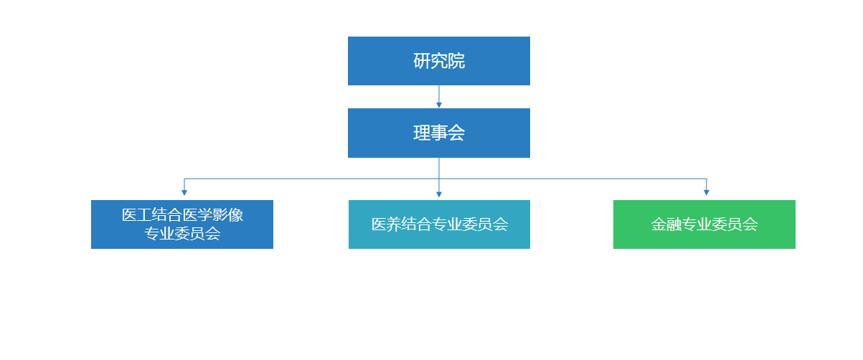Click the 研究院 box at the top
[x=438, y=61]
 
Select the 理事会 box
[x=438, y=133]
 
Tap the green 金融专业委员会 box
[x=704, y=224]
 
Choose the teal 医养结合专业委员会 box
[x=439, y=224]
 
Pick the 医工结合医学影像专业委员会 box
[x=181, y=224]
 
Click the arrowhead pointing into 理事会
[x=439, y=105]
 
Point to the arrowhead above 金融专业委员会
[x=707, y=192]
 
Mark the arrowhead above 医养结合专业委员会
[x=439, y=194]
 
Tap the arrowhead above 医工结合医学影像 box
[x=184, y=192]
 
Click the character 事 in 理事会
[x=439, y=133]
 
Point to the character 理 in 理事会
[x=422, y=133]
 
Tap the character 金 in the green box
[x=658, y=224]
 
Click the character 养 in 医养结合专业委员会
[x=393, y=224]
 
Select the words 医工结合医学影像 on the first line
[x=182, y=215]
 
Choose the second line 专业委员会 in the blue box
[x=182, y=234]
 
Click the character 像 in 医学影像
[x=236, y=215]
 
